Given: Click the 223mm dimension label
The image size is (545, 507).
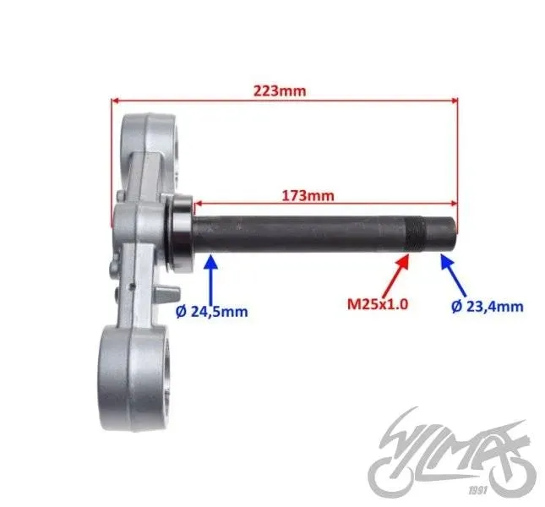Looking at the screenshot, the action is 280,91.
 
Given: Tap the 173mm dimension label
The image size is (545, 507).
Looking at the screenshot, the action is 308,196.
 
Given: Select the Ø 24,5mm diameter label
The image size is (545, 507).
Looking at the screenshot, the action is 212,311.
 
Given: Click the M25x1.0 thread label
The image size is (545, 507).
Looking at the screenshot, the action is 378,304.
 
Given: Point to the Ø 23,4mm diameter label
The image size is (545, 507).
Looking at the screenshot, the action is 488,306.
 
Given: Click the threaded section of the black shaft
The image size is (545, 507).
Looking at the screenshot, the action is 416,233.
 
